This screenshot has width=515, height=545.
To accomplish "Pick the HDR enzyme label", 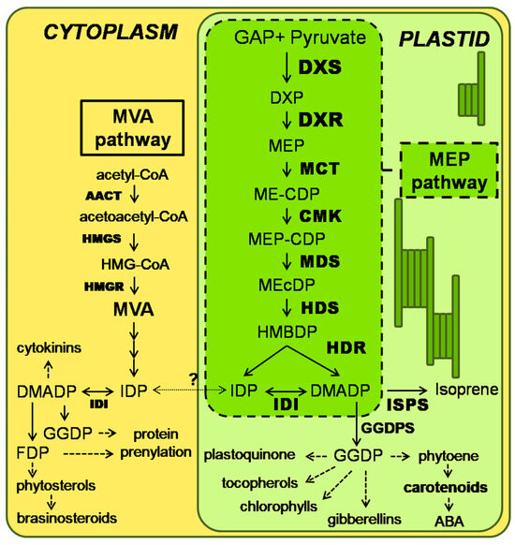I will point(345,347).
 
